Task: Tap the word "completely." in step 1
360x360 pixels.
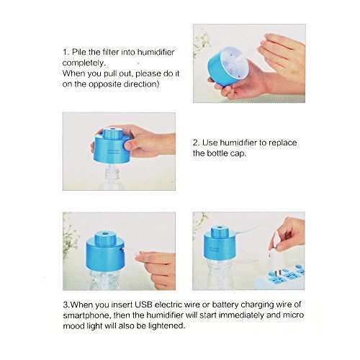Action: pos(84,63)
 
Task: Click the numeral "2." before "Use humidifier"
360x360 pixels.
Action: pos(196,143)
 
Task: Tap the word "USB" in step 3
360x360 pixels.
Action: pos(143,305)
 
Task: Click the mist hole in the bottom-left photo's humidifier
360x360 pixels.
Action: pos(105,233)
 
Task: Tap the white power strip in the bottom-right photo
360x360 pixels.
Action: pos(280,279)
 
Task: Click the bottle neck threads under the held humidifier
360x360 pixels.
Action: pos(112,174)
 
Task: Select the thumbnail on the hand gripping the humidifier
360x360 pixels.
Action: pos(128,145)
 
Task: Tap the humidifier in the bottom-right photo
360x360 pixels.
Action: pos(218,243)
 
